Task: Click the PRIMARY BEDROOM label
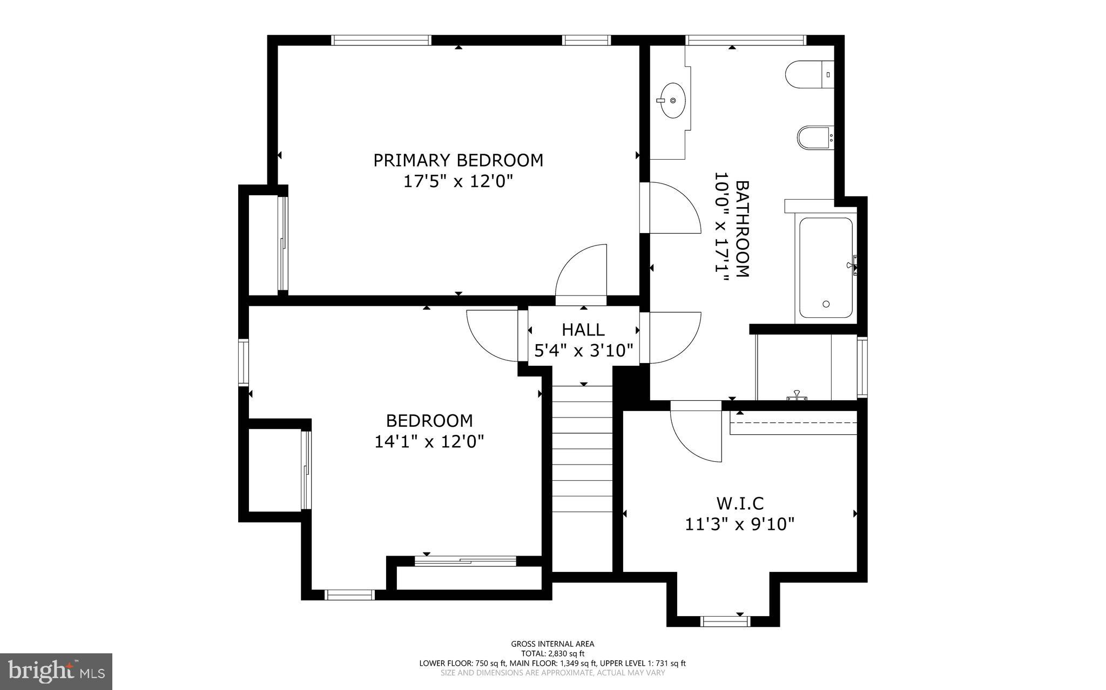pos(458,160)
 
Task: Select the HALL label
pos(583,330)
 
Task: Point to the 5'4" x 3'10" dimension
pos(583,351)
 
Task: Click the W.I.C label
pos(740,503)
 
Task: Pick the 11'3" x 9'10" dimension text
pos(740,524)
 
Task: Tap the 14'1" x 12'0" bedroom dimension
pos(429,442)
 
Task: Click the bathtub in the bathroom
pos(825,267)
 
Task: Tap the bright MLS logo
pos(56,671)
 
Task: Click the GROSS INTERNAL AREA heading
pos(552,644)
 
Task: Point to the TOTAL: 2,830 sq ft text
pos(552,653)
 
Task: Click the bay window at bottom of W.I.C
pos(725,621)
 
